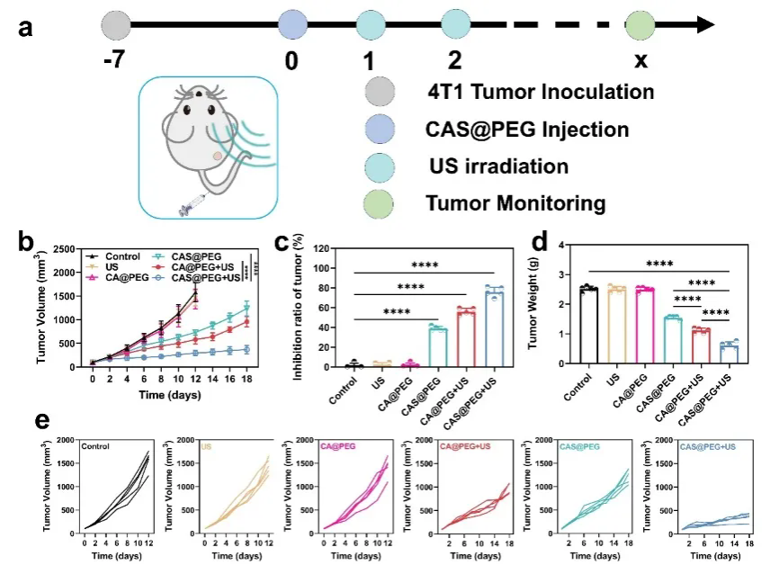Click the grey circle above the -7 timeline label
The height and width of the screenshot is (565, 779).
point(116,24)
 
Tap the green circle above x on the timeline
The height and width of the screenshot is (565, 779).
point(641,24)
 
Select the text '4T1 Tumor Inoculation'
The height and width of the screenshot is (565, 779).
point(541,92)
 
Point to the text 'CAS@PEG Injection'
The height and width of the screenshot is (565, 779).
point(527,130)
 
